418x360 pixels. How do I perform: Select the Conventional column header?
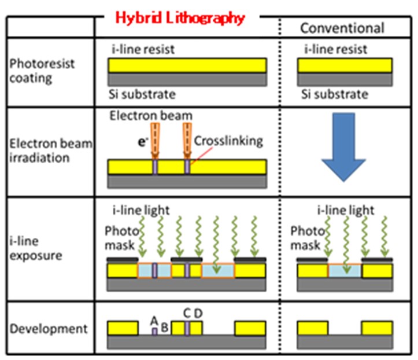coord(342,28)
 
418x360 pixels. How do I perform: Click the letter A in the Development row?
coord(154,320)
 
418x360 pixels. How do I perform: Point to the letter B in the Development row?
coord(164,328)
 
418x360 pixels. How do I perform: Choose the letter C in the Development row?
coord(187,313)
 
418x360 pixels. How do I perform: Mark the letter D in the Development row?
coord(198,313)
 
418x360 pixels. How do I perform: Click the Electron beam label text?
coord(150,116)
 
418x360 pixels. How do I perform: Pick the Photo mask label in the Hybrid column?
coord(120,238)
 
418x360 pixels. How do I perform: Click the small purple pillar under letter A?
coord(154,331)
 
